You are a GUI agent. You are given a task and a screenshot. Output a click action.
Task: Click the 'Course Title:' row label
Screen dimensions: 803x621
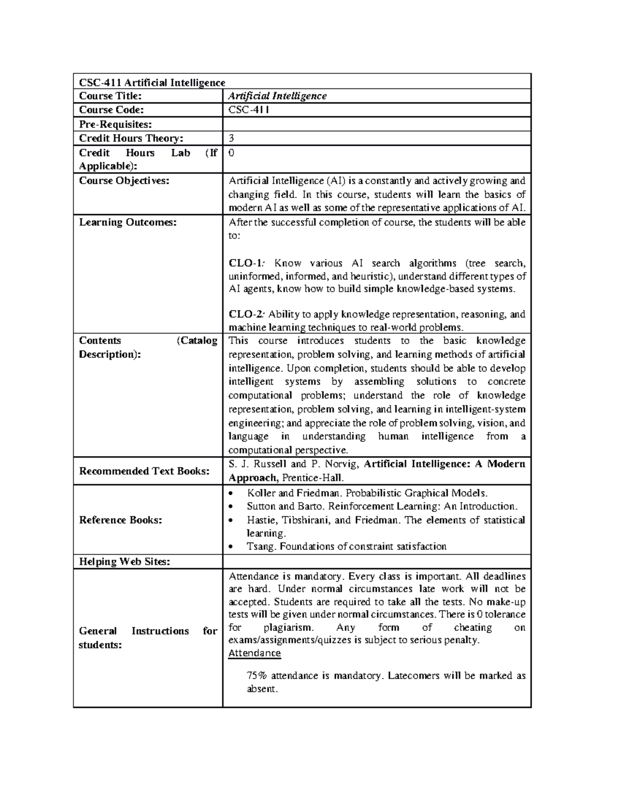110,96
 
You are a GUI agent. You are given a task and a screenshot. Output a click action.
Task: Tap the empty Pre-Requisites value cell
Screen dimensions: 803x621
376,124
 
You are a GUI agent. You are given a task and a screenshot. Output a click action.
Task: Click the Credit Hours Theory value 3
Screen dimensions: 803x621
232,138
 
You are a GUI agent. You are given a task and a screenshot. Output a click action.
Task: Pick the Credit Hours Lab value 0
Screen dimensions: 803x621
232,153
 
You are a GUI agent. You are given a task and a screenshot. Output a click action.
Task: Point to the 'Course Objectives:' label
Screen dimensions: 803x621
124,180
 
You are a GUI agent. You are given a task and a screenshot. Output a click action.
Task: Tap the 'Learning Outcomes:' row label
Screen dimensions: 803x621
128,222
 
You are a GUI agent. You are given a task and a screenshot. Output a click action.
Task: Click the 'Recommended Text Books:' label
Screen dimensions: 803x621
144,471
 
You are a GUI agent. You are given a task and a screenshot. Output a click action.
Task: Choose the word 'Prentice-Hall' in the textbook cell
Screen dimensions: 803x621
313,478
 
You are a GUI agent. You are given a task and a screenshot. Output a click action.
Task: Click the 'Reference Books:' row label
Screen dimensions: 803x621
121,520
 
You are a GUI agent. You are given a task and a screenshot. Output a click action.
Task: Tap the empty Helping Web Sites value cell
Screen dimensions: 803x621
376,562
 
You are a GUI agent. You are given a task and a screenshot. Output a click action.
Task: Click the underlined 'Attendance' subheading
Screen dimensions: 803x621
255,653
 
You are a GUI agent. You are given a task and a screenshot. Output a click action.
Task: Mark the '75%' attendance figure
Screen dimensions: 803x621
257,676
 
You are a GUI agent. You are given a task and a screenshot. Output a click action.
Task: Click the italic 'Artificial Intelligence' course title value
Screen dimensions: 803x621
278,96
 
